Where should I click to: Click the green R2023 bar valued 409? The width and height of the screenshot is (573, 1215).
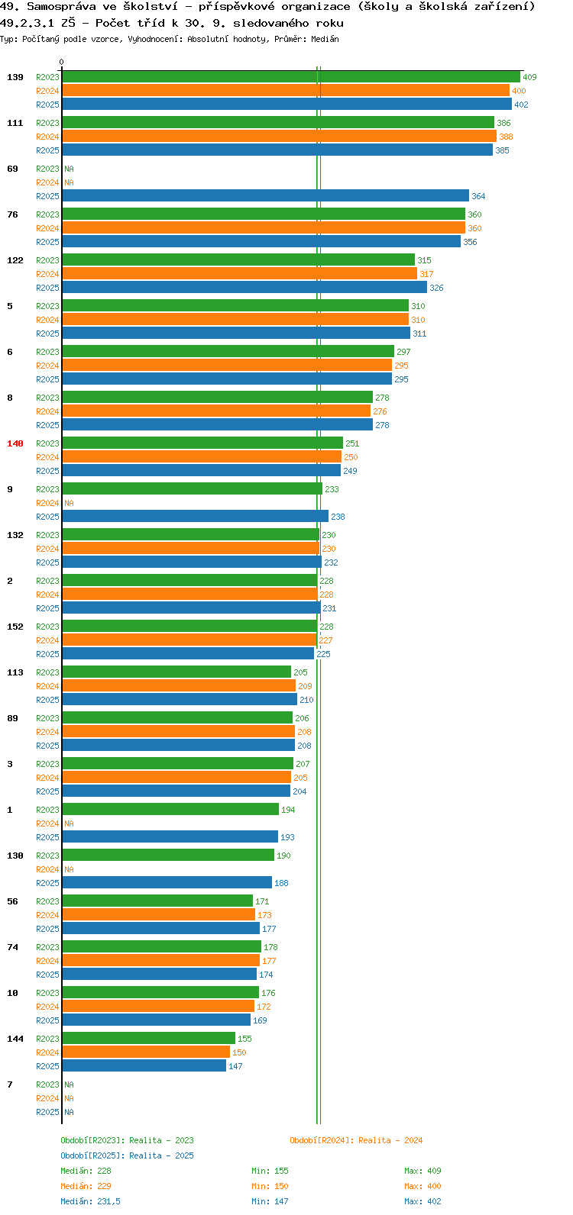[291, 77]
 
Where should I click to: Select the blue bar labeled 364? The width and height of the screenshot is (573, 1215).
[266, 196]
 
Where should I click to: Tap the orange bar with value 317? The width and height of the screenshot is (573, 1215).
[240, 274]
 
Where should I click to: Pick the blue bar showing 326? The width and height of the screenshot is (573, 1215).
[244, 288]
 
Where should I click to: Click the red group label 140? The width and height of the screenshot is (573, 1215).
[15, 443]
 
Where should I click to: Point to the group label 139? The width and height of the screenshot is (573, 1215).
[15, 77]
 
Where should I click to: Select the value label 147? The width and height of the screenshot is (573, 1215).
[235, 1066]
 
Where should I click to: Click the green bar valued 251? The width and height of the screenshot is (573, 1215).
[202, 443]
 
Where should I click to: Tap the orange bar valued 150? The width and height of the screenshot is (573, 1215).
[146, 1052]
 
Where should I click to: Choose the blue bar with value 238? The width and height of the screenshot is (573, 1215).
[196, 517]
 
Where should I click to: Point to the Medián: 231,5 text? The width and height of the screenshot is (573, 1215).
[90, 1201]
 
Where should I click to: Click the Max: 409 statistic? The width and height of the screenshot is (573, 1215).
[422, 1171]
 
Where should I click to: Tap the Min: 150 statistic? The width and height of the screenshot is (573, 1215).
[270, 1186]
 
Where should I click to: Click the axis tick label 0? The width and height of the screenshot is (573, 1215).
[61, 62]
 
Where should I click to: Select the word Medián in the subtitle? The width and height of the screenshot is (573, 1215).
[325, 39]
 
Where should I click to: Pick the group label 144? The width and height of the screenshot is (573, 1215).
[15, 1039]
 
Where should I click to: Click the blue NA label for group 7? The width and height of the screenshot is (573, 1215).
[69, 1112]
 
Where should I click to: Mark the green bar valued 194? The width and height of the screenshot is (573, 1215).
[170, 809]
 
